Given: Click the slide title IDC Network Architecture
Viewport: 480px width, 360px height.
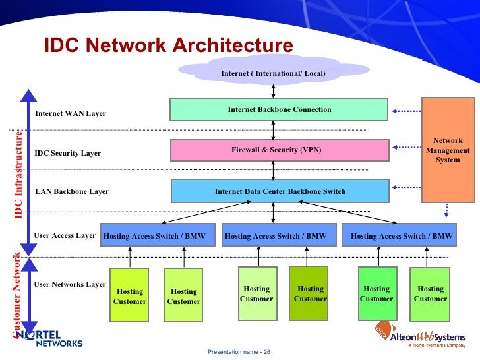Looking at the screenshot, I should pos(168,45).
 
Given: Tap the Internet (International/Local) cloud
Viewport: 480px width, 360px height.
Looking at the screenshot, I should pos(273,72).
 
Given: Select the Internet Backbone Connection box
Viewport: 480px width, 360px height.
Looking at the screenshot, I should pos(279,109).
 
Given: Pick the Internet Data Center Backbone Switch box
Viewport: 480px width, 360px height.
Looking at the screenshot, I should pos(280,191).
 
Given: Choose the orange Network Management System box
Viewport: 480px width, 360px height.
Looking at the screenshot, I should pos(448,150).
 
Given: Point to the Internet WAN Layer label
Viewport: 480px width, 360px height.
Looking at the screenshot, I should pos(70,113).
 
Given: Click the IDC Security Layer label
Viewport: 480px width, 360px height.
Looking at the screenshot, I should pos(67,153).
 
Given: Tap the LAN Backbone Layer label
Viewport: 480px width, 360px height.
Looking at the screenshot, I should pos(71,191).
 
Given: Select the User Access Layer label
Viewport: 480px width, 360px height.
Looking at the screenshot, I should pos(65,235).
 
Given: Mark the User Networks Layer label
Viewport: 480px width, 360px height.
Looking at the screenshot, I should pos(69,284).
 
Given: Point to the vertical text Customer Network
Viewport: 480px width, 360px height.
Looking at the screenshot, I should pos(17,295).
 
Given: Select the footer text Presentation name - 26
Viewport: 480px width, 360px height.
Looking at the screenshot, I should pos(239,352).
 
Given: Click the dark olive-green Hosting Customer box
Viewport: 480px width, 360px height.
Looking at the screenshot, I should pos(309,293).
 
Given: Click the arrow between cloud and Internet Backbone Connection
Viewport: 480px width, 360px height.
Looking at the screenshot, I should pos(273,90).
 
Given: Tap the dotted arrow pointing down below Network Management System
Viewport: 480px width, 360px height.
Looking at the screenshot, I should pos(448,210).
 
